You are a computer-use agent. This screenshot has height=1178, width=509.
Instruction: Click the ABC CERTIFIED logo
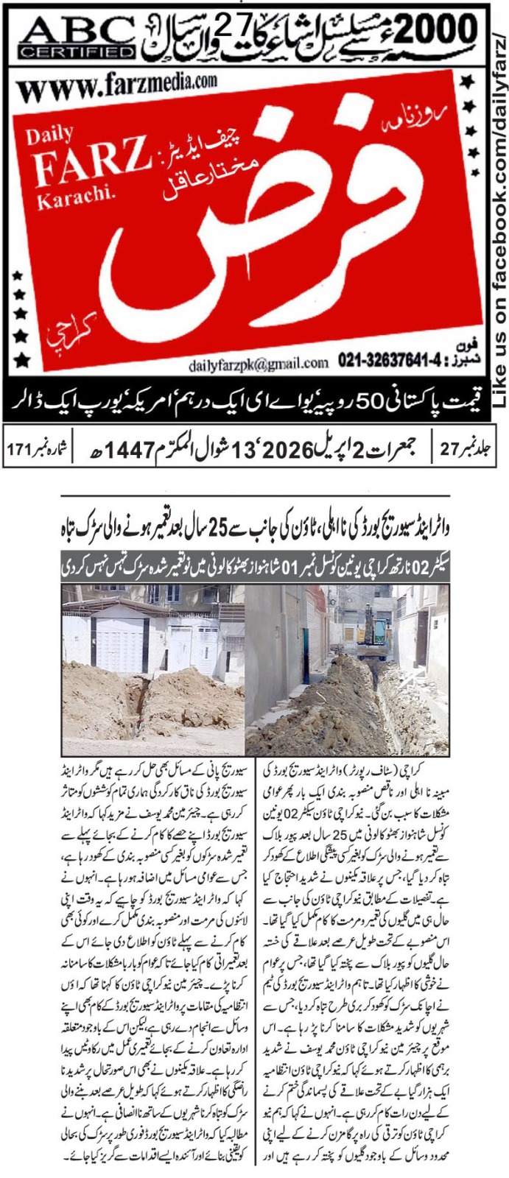tap(77, 36)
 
